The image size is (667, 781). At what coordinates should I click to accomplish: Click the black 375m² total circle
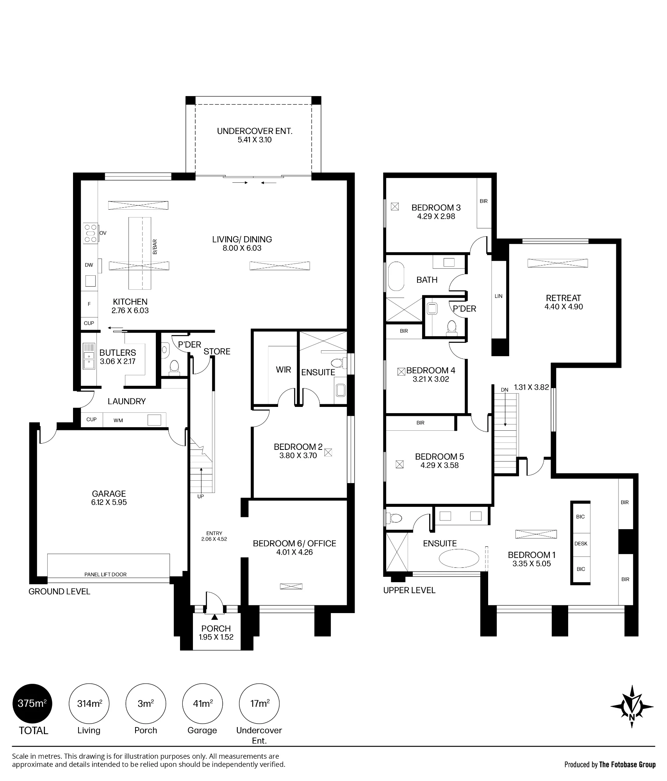tap(33, 704)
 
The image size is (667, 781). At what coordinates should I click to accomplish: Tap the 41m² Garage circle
tap(202, 704)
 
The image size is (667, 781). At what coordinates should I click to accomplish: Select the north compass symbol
tap(632, 706)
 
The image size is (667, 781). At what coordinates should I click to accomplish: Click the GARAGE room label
tap(109, 494)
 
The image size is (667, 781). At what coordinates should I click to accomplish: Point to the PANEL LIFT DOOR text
tap(105, 574)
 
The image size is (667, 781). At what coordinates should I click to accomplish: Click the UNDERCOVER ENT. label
tap(255, 131)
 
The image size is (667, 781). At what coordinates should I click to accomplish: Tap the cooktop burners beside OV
tap(91, 233)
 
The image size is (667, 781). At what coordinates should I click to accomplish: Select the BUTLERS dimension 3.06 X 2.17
tap(118, 361)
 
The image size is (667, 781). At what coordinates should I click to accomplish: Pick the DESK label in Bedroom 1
tap(581, 544)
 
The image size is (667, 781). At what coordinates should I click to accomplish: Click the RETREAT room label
tap(564, 298)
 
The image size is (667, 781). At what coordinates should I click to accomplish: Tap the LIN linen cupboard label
tap(499, 296)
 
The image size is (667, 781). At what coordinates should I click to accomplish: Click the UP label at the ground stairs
tap(200, 497)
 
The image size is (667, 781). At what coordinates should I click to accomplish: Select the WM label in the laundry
tap(118, 421)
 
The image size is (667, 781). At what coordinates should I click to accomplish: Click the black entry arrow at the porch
tap(214, 617)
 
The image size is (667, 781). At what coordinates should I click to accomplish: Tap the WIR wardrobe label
tap(284, 369)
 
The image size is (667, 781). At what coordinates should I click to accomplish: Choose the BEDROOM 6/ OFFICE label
tap(294, 544)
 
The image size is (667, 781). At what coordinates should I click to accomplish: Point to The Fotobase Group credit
tap(627, 765)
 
